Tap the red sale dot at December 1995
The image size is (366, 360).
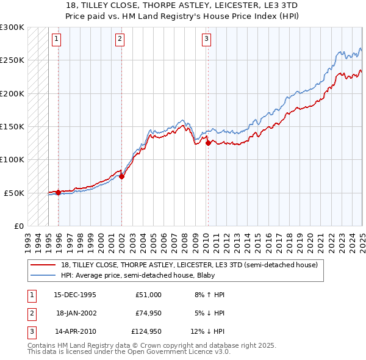(x=59, y=192)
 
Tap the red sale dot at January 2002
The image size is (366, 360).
(x=122, y=176)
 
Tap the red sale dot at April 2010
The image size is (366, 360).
(x=208, y=143)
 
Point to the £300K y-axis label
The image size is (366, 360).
(x=12, y=27)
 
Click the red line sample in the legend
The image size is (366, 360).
(x=43, y=265)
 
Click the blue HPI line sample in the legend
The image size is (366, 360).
(x=43, y=275)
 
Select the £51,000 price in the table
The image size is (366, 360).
(x=149, y=295)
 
